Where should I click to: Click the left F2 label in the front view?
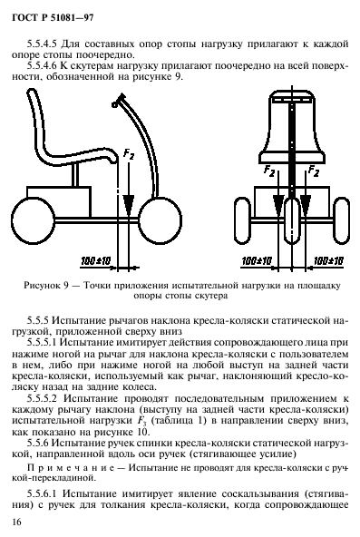(269, 171)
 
